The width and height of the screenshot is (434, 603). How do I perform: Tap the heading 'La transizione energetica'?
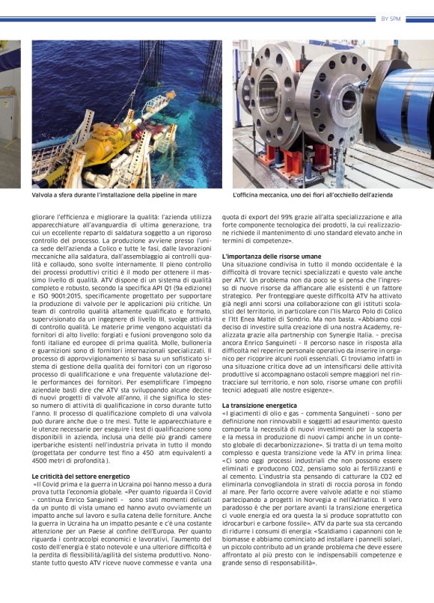coord(254,405)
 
